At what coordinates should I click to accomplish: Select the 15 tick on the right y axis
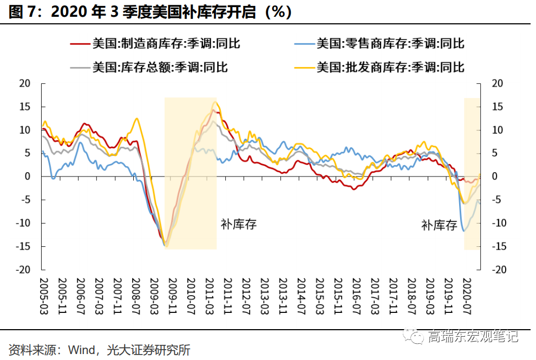tap(497, 107)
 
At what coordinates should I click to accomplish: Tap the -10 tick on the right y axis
tap(499, 223)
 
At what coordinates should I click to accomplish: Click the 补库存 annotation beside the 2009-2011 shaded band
tap(238, 224)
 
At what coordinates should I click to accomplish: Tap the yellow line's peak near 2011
tap(215, 102)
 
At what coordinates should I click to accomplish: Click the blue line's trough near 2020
tap(464, 231)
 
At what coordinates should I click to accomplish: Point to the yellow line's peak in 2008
tap(136, 119)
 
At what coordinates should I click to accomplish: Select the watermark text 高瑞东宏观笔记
tap(473, 336)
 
